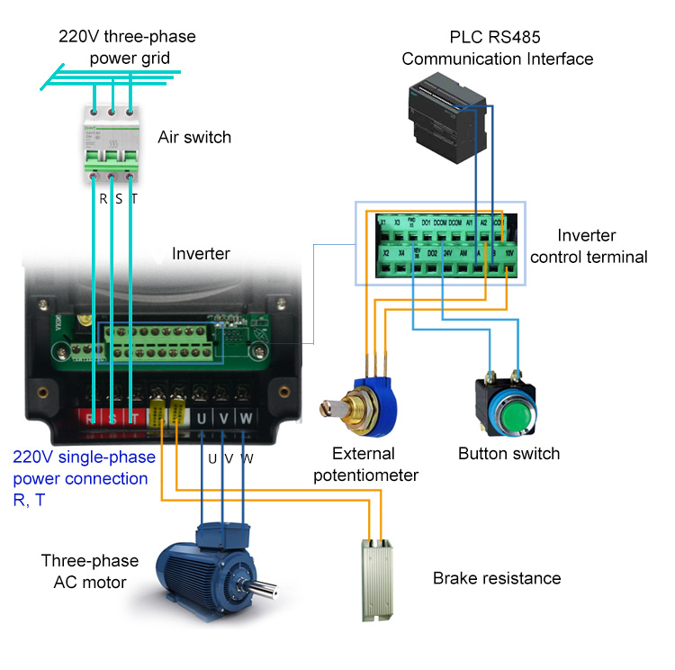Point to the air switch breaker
112,143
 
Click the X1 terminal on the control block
382,222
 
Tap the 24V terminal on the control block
447,255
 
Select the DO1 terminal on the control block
426,222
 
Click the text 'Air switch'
194,138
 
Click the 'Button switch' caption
508,453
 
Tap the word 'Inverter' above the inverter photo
201,255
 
